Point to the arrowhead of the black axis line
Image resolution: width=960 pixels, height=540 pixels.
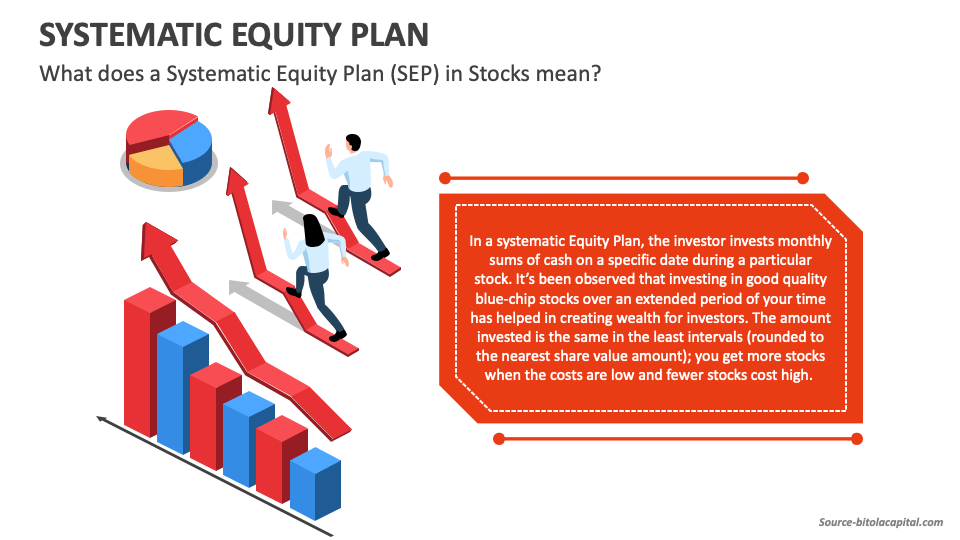tap(101, 419)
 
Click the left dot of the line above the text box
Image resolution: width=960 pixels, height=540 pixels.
tap(445, 178)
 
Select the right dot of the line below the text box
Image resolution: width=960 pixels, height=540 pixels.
tap(856, 438)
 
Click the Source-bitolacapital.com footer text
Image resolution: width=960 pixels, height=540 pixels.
tap(880, 522)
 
